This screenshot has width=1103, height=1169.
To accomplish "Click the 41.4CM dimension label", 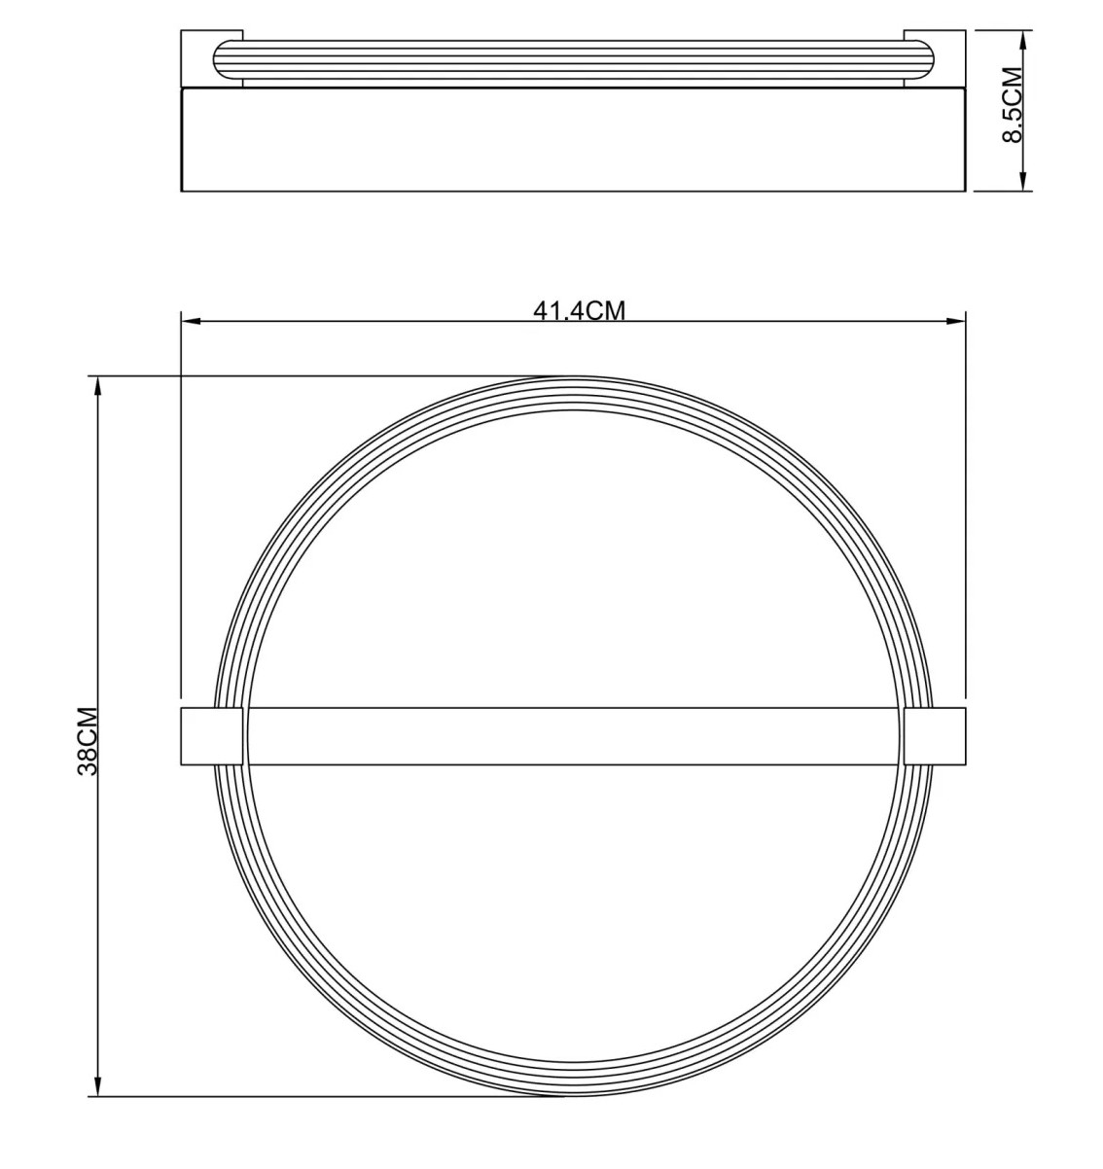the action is (579, 310).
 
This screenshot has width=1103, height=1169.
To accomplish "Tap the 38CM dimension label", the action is (88, 741).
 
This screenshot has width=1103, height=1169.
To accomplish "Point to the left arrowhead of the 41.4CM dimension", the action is (192, 321).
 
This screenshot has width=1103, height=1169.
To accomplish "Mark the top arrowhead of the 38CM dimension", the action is (98, 387).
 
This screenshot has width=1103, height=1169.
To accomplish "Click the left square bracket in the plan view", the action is (211, 736).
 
